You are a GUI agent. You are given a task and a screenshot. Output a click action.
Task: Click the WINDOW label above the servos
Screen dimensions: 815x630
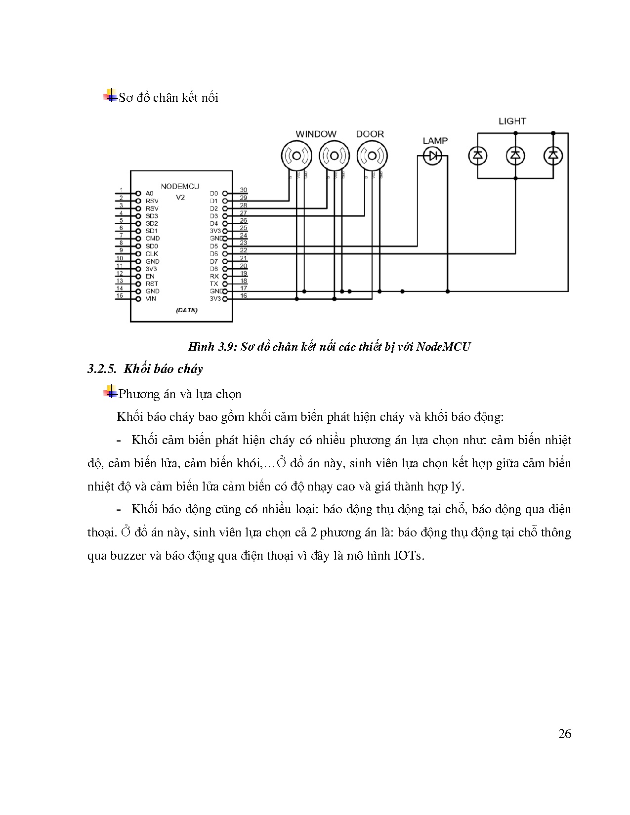click(x=316, y=134)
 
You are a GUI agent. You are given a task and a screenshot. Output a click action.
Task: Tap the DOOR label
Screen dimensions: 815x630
click(x=370, y=134)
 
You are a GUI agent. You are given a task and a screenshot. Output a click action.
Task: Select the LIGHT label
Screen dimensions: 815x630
click(x=512, y=121)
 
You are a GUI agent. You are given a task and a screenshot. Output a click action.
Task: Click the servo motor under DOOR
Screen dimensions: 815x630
click(x=372, y=156)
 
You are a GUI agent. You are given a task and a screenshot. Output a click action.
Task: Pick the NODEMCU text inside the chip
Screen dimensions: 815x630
click(x=180, y=187)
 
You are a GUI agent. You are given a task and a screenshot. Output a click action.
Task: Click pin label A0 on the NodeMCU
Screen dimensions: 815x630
click(x=149, y=194)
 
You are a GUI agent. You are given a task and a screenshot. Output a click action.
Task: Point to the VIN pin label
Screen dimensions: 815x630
click(x=150, y=299)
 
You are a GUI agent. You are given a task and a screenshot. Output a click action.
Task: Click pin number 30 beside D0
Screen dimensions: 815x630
click(x=243, y=190)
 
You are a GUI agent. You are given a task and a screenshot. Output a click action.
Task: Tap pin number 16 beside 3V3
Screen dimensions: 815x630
click(x=243, y=296)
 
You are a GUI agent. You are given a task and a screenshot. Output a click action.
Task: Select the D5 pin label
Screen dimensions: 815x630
click(x=213, y=246)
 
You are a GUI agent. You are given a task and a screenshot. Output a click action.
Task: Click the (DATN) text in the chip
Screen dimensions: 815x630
click(x=186, y=311)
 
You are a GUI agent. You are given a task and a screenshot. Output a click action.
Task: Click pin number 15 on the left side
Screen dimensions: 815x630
click(x=120, y=296)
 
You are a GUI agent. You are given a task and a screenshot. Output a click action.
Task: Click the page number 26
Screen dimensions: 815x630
click(x=564, y=733)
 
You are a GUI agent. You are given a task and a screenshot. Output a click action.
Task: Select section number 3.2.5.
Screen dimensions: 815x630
click(x=101, y=369)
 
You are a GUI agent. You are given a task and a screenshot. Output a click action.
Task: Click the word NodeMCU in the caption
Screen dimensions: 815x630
click(x=443, y=347)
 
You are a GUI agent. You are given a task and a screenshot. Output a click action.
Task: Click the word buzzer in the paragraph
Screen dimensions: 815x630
click(x=127, y=556)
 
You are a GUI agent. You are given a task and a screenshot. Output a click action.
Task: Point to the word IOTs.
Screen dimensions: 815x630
click(x=409, y=556)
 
